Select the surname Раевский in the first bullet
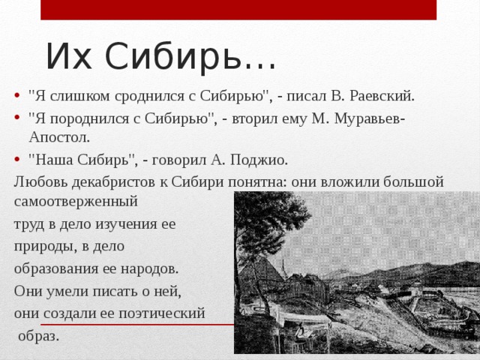pyautogui.click(x=382, y=96)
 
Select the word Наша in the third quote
pyautogui.click(x=53, y=159)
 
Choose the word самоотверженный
pyautogui.click(x=76, y=201)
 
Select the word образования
pyautogui.click(x=59, y=268)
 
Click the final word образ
pyautogui.click(x=38, y=335)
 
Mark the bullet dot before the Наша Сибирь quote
pyautogui.click(x=17, y=159)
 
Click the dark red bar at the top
pyautogui.click(x=238, y=10)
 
